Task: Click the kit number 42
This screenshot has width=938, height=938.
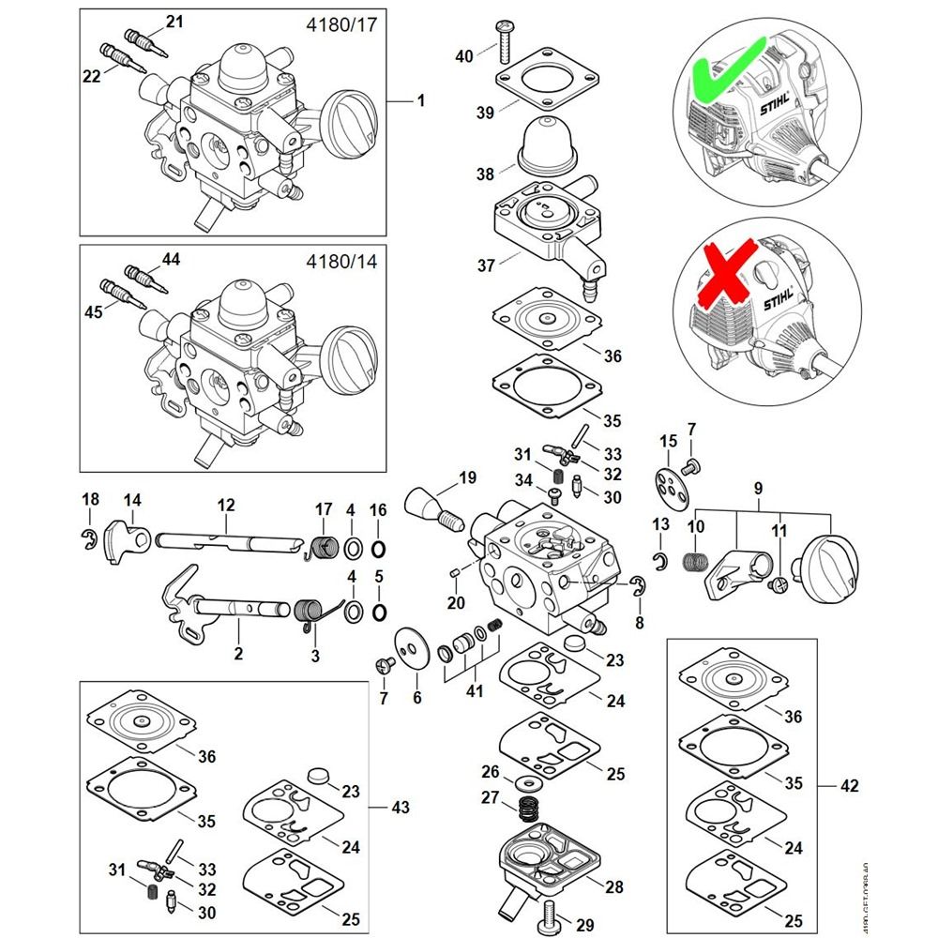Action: pyautogui.click(x=850, y=785)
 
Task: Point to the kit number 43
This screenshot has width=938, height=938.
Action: pyautogui.click(x=401, y=807)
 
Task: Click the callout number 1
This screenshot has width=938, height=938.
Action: pyautogui.click(x=421, y=99)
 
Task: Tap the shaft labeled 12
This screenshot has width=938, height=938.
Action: pyautogui.click(x=225, y=540)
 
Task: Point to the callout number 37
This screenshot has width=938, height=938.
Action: pyautogui.click(x=486, y=266)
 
